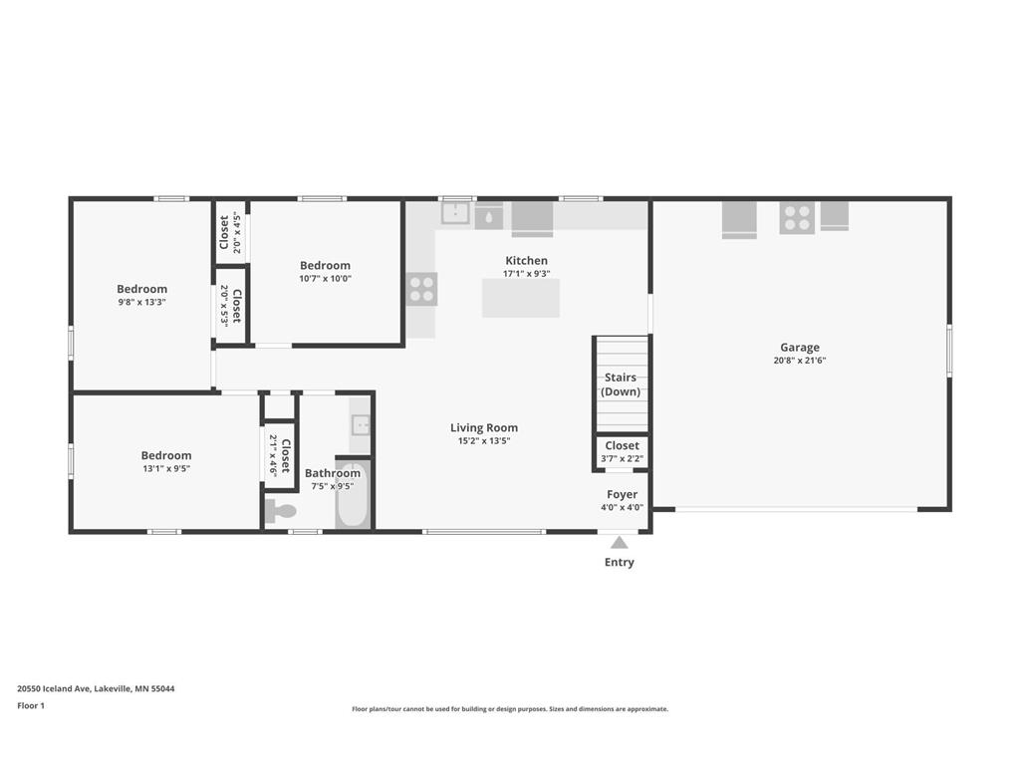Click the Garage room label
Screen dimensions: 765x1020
tap(800, 348)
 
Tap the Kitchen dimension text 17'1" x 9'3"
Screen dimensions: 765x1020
tap(526, 274)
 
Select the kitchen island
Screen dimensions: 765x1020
tap(520, 298)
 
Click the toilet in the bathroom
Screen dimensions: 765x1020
tap(281, 512)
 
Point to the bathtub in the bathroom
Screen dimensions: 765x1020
tap(353, 495)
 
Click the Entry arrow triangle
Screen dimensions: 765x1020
tap(619, 543)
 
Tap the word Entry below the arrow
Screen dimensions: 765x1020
tap(619, 563)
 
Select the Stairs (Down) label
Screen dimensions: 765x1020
tap(621, 384)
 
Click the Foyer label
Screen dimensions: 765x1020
tap(622, 494)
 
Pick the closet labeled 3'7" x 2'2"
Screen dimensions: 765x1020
tap(622, 452)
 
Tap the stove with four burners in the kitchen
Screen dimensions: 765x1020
tap(421, 289)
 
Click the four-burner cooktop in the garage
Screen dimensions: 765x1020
tap(797, 217)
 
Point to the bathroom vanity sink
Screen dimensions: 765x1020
tap(360, 425)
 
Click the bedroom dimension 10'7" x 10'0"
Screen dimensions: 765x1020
tap(325, 279)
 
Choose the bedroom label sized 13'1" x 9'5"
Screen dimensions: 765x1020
tap(166, 456)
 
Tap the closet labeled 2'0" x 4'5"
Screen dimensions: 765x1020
tap(229, 233)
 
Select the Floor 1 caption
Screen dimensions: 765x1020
tap(31, 706)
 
